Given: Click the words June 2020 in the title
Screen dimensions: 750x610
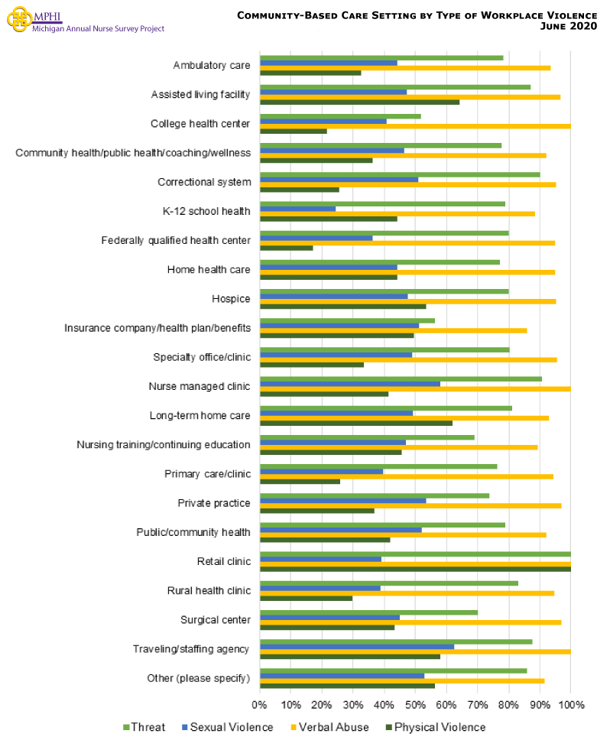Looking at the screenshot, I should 569,26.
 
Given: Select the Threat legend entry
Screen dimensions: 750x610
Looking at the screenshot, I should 144,727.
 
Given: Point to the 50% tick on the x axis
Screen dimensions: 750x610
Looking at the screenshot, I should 415,704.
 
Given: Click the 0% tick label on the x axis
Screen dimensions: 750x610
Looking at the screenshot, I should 260,704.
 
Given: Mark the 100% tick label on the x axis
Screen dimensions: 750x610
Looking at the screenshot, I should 571,704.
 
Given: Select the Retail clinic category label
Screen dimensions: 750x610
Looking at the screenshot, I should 223,561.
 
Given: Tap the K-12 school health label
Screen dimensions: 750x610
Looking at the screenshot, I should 206,211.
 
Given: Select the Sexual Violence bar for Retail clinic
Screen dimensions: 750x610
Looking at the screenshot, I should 320,559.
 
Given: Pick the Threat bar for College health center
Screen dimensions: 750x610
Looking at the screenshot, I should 340,116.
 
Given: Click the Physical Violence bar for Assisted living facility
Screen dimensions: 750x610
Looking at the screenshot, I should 359,102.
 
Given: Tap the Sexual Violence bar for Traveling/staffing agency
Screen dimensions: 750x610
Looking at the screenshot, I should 356,646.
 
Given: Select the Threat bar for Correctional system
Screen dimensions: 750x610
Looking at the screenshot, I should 400,174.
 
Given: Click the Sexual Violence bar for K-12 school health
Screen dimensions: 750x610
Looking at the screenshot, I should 297,209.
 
